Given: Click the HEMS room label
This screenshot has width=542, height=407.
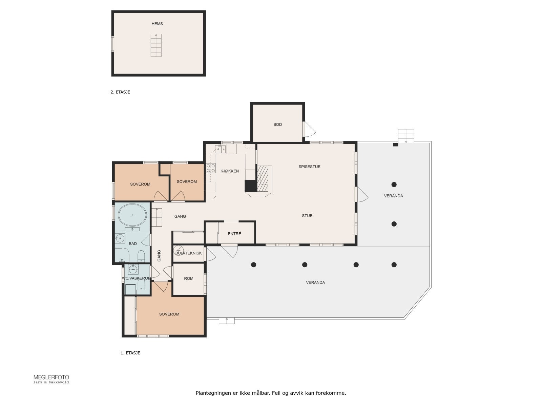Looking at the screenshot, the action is click(x=157, y=24).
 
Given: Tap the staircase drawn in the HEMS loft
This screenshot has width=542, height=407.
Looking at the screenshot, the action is click(x=156, y=45).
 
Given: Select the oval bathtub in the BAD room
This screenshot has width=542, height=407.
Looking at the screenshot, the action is click(x=132, y=215).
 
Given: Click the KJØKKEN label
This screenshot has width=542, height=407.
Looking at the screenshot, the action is click(x=230, y=171).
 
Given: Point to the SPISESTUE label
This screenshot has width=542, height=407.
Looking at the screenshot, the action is click(x=309, y=167).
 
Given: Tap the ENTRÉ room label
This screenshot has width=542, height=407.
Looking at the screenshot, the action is click(x=234, y=234).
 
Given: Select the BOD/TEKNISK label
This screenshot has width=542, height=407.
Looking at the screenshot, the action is click(x=189, y=253).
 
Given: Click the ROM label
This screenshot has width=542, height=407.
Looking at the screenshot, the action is click(x=189, y=278).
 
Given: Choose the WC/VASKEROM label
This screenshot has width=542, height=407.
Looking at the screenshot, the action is click(x=137, y=278).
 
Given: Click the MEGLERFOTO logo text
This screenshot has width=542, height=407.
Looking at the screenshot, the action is click(x=51, y=377).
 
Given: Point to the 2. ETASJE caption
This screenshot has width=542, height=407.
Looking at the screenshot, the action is click(x=120, y=92).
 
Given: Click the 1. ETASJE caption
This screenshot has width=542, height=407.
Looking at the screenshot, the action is click(x=130, y=353).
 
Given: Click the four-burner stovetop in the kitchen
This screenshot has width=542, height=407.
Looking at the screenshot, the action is click(x=211, y=168).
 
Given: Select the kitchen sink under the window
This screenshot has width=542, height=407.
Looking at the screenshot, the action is click(x=220, y=149).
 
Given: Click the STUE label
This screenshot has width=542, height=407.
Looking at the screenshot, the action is click(x=307, y=216).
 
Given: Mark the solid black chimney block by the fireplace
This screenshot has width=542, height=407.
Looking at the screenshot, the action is click(x=251, y=186).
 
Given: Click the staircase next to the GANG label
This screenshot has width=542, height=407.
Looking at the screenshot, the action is click(x=157, y=217).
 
